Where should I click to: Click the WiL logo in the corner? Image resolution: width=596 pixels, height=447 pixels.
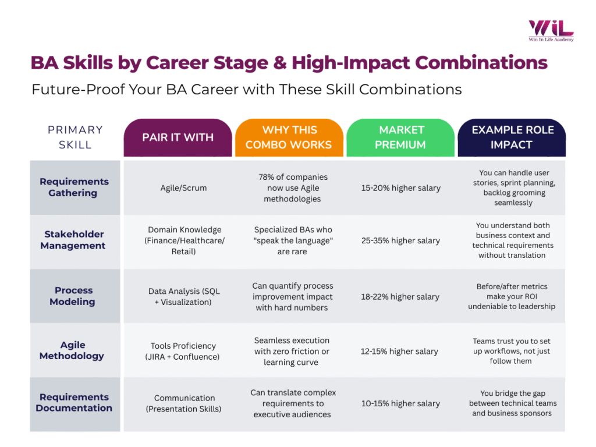(551, 30)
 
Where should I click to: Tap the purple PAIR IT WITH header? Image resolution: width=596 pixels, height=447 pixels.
(178, 137)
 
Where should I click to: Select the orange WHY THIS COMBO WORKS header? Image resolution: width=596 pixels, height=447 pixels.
(289, 137)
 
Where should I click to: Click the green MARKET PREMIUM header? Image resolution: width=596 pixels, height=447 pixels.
(400, 137)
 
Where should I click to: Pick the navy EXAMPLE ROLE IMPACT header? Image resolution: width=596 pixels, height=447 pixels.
(512, 137)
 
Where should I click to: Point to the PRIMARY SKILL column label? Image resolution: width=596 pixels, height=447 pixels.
(75, 137)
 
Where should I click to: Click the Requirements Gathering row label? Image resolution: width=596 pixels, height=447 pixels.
(74, 187)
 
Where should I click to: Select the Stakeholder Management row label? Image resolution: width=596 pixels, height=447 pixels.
(74, 240)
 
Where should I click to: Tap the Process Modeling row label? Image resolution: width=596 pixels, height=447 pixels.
(73, 296)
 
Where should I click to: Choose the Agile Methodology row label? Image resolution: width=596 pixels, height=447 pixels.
(72, 350)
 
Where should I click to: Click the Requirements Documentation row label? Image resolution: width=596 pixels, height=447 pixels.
(74, 403)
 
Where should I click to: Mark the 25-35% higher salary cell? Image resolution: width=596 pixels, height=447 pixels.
(400, 240)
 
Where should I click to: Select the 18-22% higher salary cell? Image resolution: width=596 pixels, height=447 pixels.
(400, 297)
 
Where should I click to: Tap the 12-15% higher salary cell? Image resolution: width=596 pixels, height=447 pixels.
(400, 351)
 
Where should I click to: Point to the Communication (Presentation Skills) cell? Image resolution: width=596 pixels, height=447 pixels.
(185, 403)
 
